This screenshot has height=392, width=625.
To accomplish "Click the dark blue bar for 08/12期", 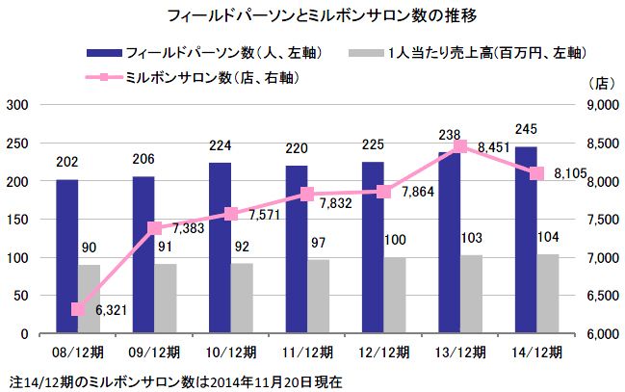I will pos(65,257).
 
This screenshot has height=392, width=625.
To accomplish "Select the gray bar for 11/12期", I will pos(317,297).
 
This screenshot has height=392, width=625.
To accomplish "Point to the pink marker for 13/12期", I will pos(460,146).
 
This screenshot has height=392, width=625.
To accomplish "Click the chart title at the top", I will pos(311,16).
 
